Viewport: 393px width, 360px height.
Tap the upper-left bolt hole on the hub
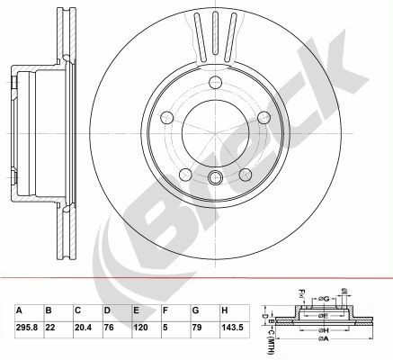(x=166, y=118)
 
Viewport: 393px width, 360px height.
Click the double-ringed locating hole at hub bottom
(x=216, y=178)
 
